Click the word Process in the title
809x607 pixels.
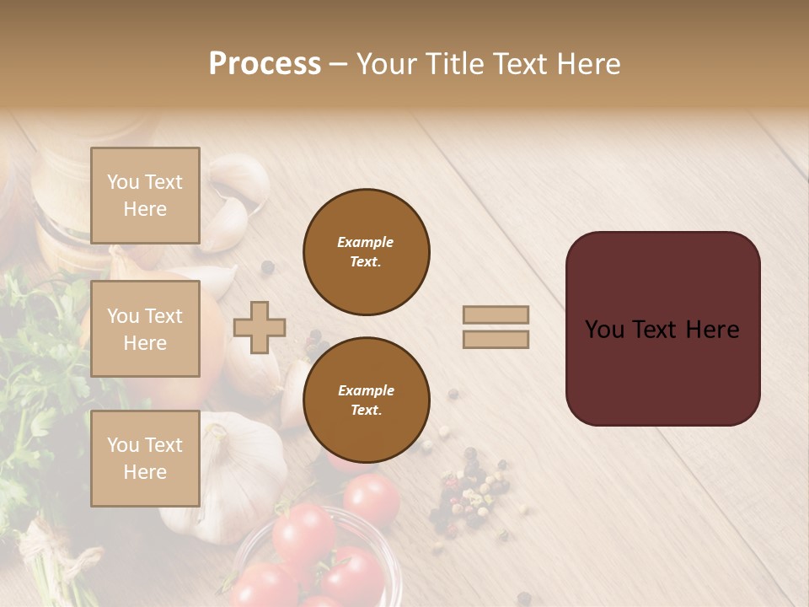[x=265, y=64]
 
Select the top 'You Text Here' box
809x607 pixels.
[x=145, y=196]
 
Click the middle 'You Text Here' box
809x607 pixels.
[x=145, y=329]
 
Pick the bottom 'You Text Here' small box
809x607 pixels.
[x=145, y=458]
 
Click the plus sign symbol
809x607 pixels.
[x=260, y=327]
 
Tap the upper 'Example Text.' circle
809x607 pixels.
[x=366, y=252]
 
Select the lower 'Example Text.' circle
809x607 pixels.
[x=366, y=400]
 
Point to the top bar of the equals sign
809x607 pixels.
[x=496, y=314]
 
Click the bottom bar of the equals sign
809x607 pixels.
[x=496, y=339]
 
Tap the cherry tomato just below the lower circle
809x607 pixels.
[x=371, y=499]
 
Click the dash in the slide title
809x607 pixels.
[x=339, y=65]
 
